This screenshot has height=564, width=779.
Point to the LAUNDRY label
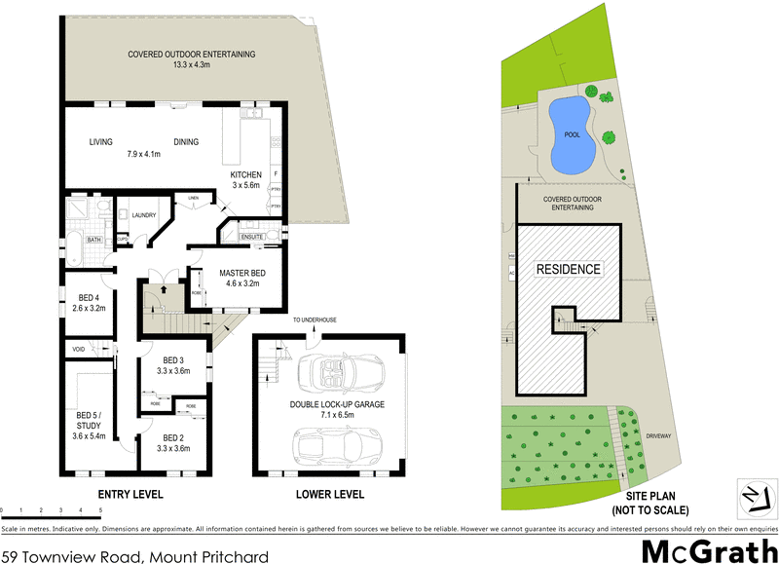tap(145, 215)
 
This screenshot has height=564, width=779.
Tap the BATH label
tap(93, 239)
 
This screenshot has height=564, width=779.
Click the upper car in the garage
tap(329, 372)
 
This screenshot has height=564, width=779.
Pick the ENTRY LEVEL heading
tap(130, 495)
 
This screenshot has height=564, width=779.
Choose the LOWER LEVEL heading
tap(330, 495)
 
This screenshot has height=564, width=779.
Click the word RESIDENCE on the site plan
tap(568, 269)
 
